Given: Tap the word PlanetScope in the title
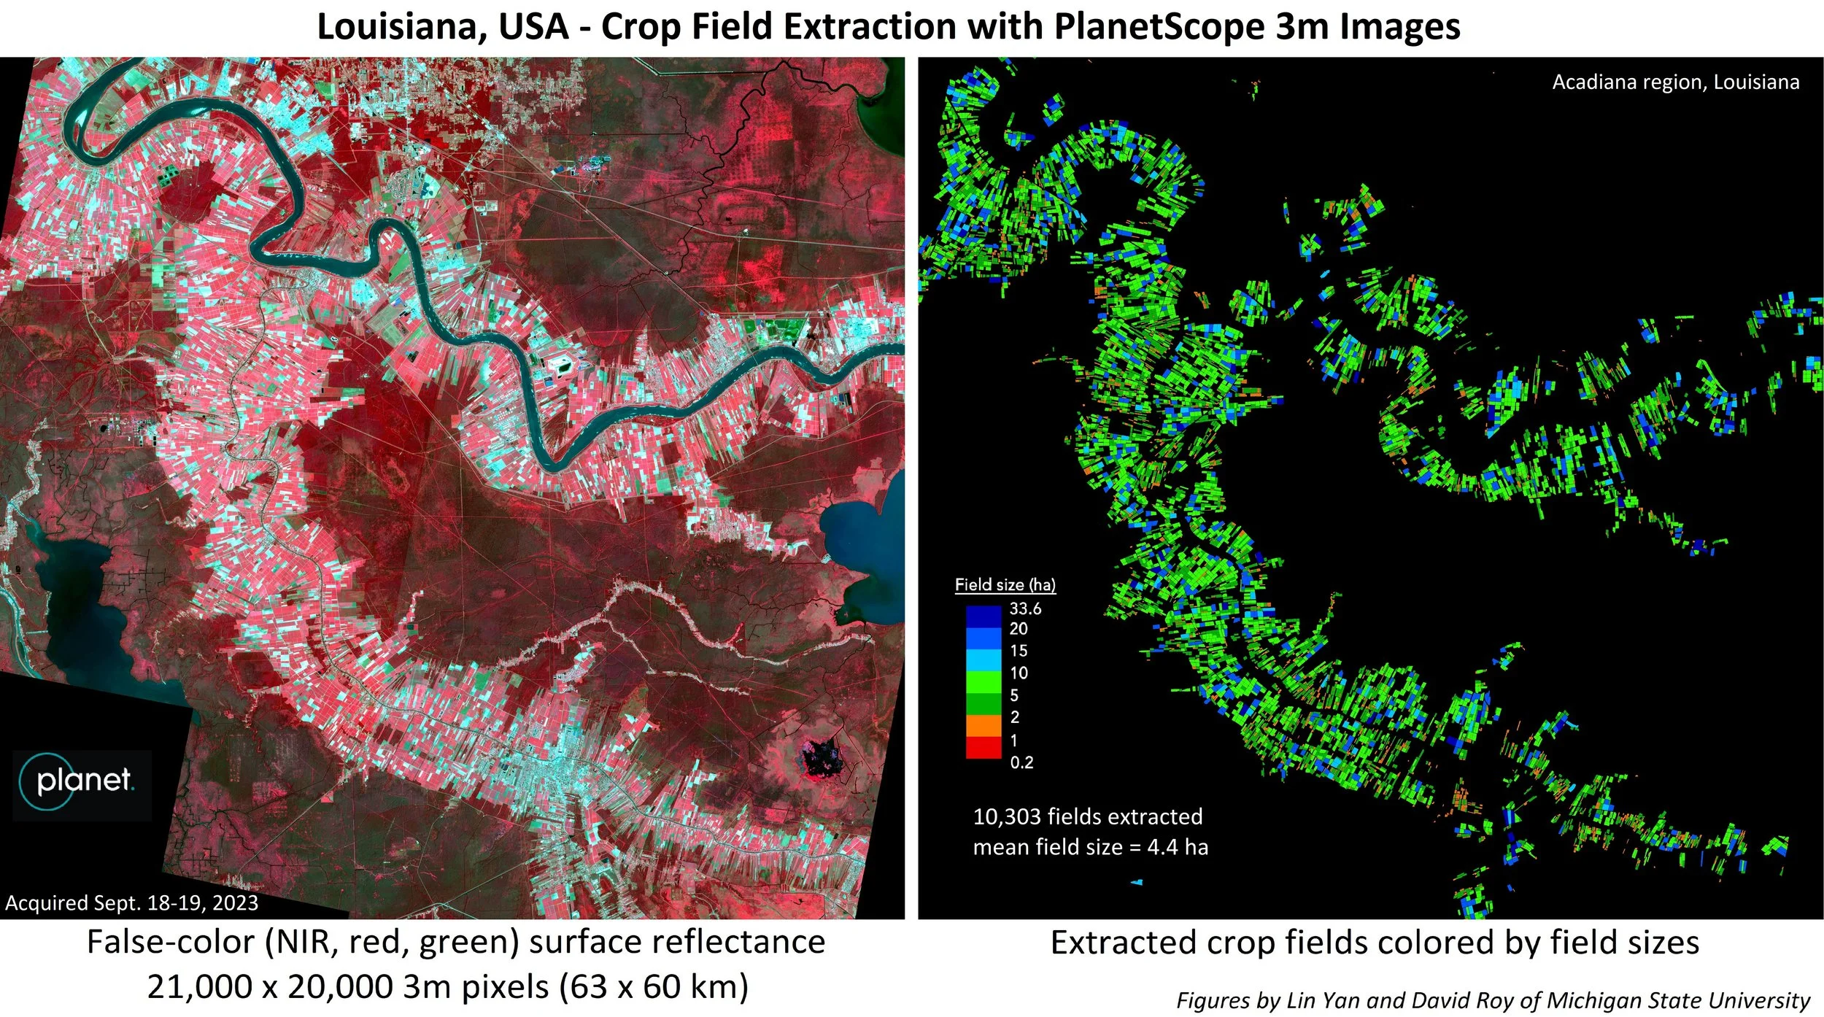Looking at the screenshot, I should tap(1159, 28).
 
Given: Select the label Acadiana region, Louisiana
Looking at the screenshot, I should tap(1675, 82).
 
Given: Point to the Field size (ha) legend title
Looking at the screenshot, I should tap(1005, 584).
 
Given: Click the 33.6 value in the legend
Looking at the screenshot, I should tap(1025, 608).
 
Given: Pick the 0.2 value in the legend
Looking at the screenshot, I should tap(1021, 763).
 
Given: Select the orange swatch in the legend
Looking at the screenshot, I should tap(984, 725).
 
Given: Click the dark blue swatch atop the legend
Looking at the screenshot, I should tap(984, 617).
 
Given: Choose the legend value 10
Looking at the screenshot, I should tap(1019, 673).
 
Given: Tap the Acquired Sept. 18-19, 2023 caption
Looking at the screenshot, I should tap(132, 903).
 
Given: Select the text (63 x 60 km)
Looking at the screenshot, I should tap(654, 986).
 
